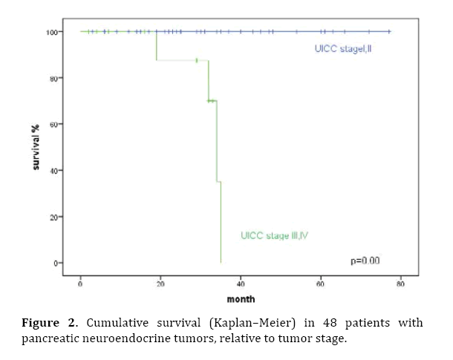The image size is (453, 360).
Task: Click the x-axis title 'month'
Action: (x=241, y=299)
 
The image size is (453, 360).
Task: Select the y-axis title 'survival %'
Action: (x=35, y=147)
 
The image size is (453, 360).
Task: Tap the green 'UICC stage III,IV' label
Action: (x=274, y=236)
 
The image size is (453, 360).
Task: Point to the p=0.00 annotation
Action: (x=365, y=260)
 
